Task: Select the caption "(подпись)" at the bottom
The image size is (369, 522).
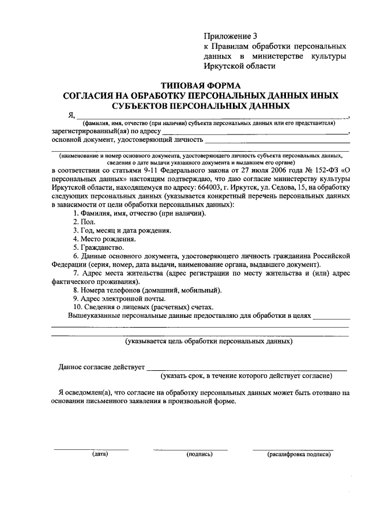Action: (199, 455)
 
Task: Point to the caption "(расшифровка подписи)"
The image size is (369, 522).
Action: (299, 455)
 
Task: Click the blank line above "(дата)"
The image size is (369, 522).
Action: (91, 449)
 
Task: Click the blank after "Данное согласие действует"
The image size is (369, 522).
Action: (246, 369)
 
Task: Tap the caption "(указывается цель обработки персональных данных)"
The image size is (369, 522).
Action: (209, 341)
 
